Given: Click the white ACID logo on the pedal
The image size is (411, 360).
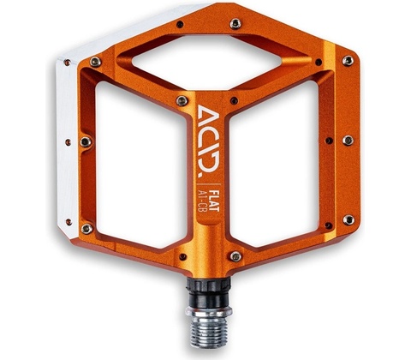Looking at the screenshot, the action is point(209,138).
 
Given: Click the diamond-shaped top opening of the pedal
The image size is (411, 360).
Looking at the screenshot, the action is point(207,61).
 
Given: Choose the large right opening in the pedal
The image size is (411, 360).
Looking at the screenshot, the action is point(274,163).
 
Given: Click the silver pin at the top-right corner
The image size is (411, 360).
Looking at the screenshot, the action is point(348,61).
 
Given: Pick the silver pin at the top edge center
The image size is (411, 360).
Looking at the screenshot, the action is point(235,23).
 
